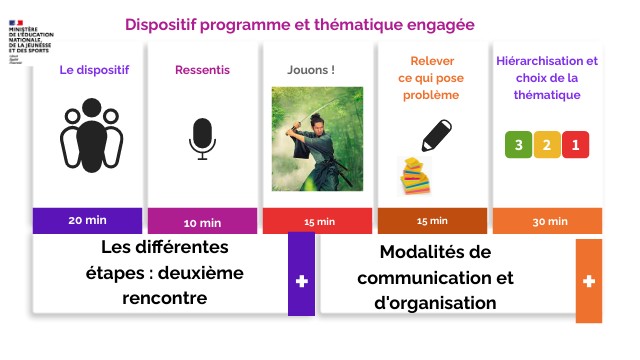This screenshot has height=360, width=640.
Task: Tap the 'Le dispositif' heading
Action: [89, 71]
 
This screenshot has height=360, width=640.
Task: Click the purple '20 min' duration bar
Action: [89, 220]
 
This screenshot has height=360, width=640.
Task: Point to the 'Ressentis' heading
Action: [203, 71]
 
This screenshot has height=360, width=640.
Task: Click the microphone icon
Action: [202, 139]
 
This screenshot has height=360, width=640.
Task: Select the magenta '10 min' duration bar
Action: [203, 221]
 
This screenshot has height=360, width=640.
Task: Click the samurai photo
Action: [317, 138]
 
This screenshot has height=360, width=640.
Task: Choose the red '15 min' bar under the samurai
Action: [318, 221]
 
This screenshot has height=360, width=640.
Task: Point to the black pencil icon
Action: [436, 134]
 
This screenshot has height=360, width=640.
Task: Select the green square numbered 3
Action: [518, 145]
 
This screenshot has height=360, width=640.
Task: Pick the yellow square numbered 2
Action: [546, 145]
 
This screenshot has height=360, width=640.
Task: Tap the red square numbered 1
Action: [574, 145]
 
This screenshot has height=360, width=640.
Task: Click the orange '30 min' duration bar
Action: [547, 221]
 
